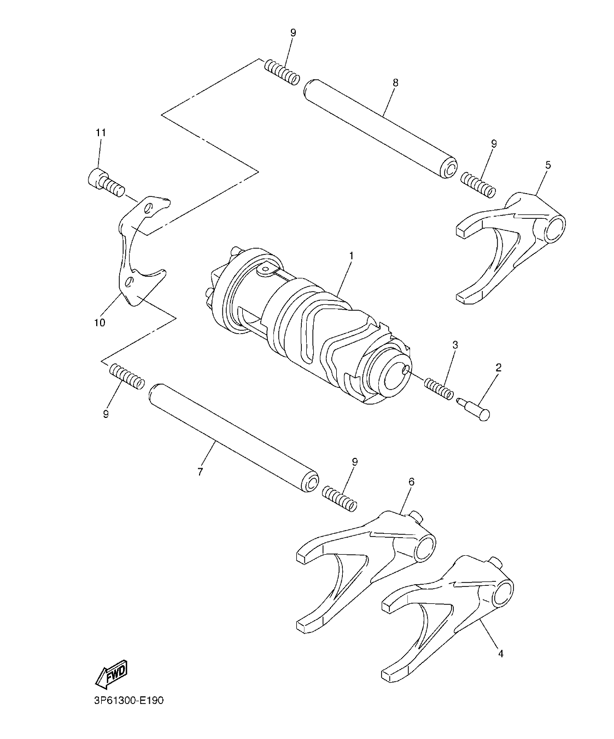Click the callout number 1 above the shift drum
[x=351, y=255]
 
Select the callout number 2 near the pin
[x=498, y=368]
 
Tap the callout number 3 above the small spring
[x=455, y=345]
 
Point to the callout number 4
[x=500, y=653]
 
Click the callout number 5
[x=548, y=165]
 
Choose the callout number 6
[x=411, y=481]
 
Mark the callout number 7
[x=200, y=472]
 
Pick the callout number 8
[x=395, y=83]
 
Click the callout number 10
[x=99, y=322]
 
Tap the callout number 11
[x=101, y=132]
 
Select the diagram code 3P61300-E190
[x=125, y=700]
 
